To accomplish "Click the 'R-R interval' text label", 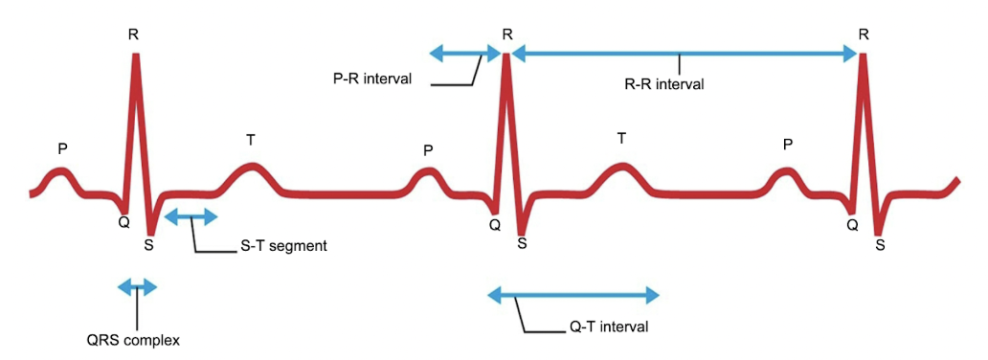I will click(663, 84).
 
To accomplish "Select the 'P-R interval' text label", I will click(366, 79).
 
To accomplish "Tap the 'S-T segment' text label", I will click(282, 246).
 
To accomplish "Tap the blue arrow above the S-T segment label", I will click(191, 218).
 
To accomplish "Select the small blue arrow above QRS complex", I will click(137, 286).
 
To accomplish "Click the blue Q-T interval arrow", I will click(573, 295).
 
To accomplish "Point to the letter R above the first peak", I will click(133, 34).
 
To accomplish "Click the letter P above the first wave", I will click(62, 148).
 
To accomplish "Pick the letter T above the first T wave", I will click(251, 140).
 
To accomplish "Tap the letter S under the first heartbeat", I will click(148, 244).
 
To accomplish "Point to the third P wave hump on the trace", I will click(786, 173).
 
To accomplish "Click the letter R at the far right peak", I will click(864, 34).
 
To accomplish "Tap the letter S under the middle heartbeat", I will click(522, 244).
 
